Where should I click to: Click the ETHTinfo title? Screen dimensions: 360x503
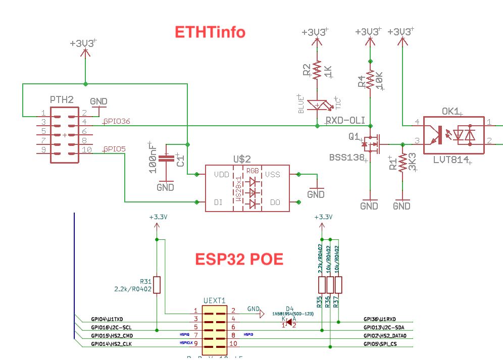(x=210, y=32)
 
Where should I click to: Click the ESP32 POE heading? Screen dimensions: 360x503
(x=239, y=260)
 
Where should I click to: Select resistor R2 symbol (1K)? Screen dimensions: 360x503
(x=317, y=70)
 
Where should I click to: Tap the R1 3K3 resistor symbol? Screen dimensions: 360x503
(x=403, y=163)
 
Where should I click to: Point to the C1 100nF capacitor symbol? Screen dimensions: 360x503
(x=165, y=159)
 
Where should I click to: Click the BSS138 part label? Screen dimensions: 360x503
(x=346, y=158)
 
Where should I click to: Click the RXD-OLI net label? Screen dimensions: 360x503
(x=345, y=121)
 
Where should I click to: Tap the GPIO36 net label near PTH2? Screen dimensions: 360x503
(x=117, y=121)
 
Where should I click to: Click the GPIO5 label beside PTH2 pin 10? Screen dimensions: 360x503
(x=114, y=149)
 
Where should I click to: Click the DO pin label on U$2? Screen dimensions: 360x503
(x=275, y=202)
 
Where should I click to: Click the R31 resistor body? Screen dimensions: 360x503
(x=157, y=285)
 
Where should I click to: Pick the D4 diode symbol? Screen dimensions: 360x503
(x=288, y=323)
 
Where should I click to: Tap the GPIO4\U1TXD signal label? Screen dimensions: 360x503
(x=107, y=319)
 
